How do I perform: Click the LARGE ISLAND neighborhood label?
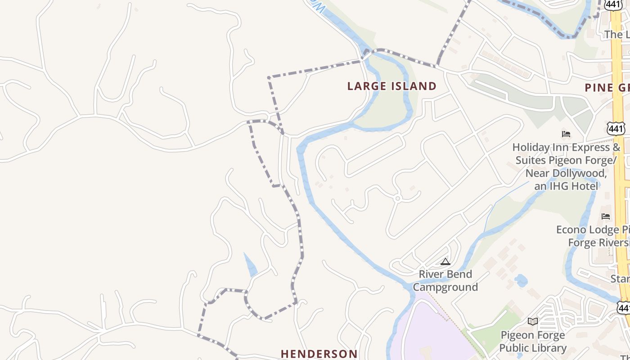click(x=391, y=86)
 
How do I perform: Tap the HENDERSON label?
click(x=319, y=354)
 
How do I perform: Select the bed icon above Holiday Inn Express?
click(x=566, y=134)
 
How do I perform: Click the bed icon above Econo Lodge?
click(x=606, y=216)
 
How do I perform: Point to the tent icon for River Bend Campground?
click(x=445, y=261)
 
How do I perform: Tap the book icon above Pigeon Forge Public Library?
click(x=533, y=321)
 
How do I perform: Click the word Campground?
click(x=445, y=287)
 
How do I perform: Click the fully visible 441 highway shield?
click(x=616, y=129)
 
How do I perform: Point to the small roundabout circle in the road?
click(x=397, y=198)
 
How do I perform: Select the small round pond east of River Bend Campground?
click(x=521, y=281)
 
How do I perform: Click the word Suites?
click(x=531, y=160)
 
